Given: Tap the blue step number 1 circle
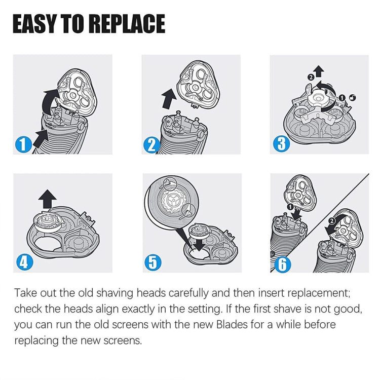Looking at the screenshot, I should pos(23,144).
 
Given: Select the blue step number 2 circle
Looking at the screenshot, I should pos(151,145).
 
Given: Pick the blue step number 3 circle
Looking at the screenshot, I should pos(281,143).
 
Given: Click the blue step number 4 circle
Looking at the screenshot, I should pos(22,262).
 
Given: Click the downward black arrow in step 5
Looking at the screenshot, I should pos(201,244).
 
